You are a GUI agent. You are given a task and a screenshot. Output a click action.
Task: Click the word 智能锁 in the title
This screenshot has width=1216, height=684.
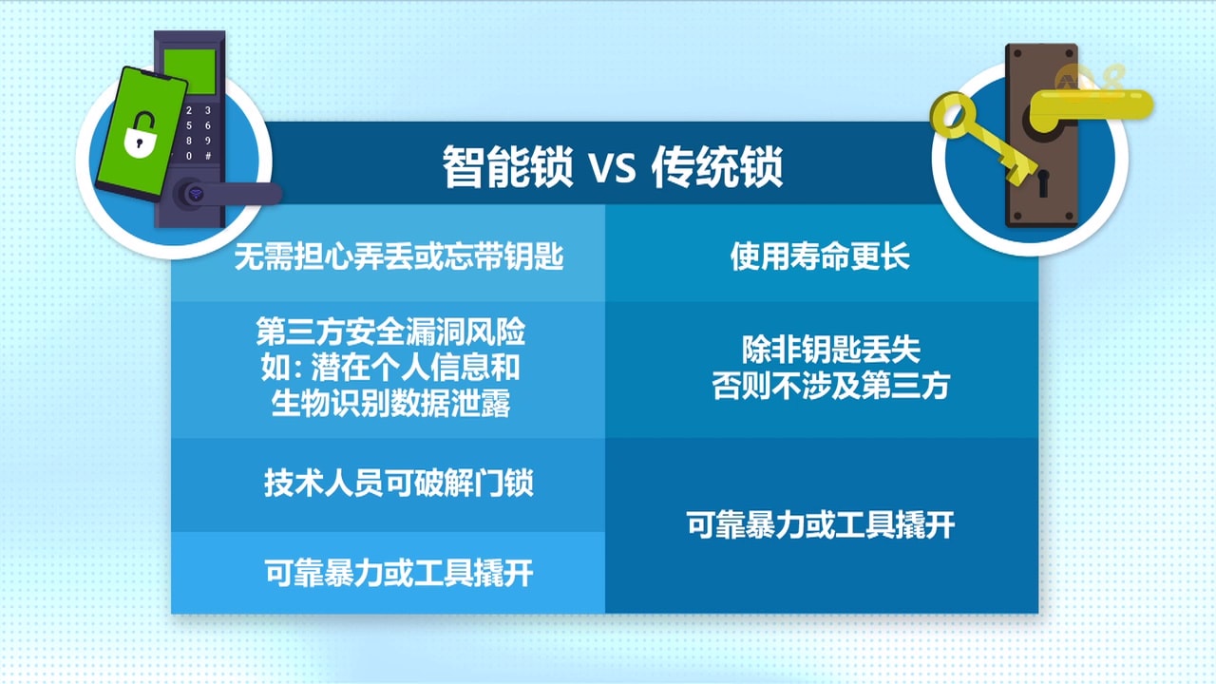(x=507, y=166)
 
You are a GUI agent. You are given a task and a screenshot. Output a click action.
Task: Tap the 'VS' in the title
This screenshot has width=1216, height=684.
(x=613, y=168)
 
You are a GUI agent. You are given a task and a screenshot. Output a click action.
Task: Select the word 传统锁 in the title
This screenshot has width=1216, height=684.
(x=717, y=166)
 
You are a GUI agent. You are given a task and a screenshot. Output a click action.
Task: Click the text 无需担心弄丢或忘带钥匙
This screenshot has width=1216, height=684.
(x=399, y=256)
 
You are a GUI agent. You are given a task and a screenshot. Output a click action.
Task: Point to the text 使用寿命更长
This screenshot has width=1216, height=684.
(x=820, y=256)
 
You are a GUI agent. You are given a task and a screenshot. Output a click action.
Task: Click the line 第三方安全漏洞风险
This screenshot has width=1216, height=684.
(x=390, y=332)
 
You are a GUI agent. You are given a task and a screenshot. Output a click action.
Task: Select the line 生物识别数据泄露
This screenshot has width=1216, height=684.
(x=390, y=404)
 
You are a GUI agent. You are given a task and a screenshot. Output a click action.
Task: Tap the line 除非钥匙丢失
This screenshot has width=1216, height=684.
(x=830, y=350)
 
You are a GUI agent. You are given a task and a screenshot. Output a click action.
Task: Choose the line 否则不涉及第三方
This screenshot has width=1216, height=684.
(x=830, y=386)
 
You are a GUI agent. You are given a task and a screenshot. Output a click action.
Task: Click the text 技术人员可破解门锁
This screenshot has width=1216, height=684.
(x=399, y=483)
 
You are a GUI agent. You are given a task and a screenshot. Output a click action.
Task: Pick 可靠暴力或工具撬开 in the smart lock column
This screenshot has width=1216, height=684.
(x=399, y=573)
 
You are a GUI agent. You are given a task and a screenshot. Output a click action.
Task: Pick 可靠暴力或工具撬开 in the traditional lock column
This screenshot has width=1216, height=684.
(x=820, y=524)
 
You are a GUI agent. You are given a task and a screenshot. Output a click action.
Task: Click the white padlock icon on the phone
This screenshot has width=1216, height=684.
(x=140, y=135)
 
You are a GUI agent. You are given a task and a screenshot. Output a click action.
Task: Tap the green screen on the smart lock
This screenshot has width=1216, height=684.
(x=190, y=71)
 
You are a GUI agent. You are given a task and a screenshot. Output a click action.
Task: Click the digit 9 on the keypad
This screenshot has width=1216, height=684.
(x=207, y=141)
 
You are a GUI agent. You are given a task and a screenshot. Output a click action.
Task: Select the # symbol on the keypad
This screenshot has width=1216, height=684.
(x=207, y=156)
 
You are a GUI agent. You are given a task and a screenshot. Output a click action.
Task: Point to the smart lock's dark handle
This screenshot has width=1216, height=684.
(x=228, y=194)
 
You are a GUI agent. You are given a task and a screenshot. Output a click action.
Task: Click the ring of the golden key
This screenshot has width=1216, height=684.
(x=953, y=115)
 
